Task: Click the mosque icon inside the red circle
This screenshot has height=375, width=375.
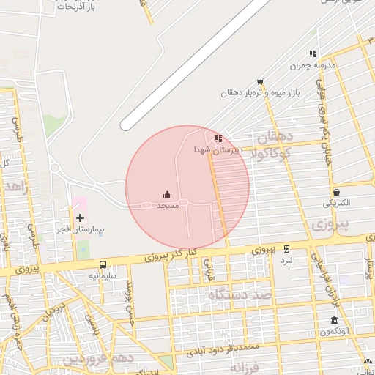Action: click(x=168, y=194)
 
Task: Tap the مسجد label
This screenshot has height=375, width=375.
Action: click(x=168, y=206)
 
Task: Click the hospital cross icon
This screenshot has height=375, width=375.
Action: click(x=80, y=218)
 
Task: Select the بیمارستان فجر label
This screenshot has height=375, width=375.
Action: click(x=82, y=229)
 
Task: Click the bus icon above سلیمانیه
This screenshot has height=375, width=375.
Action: click(x=103, y=264)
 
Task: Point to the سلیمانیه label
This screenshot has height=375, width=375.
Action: click(x=103, y=275)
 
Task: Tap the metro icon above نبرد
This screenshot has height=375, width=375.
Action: click(x=286, y=249)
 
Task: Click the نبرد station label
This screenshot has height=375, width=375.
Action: click(x=286, y=260)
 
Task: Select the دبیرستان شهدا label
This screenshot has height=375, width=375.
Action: click(x=212, y=149)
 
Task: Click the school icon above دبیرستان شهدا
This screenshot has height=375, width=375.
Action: click(x=218, y=138)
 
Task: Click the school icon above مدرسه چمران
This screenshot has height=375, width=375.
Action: click(x=313, y=53)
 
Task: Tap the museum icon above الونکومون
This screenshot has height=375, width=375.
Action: click(x=334, y=321)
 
